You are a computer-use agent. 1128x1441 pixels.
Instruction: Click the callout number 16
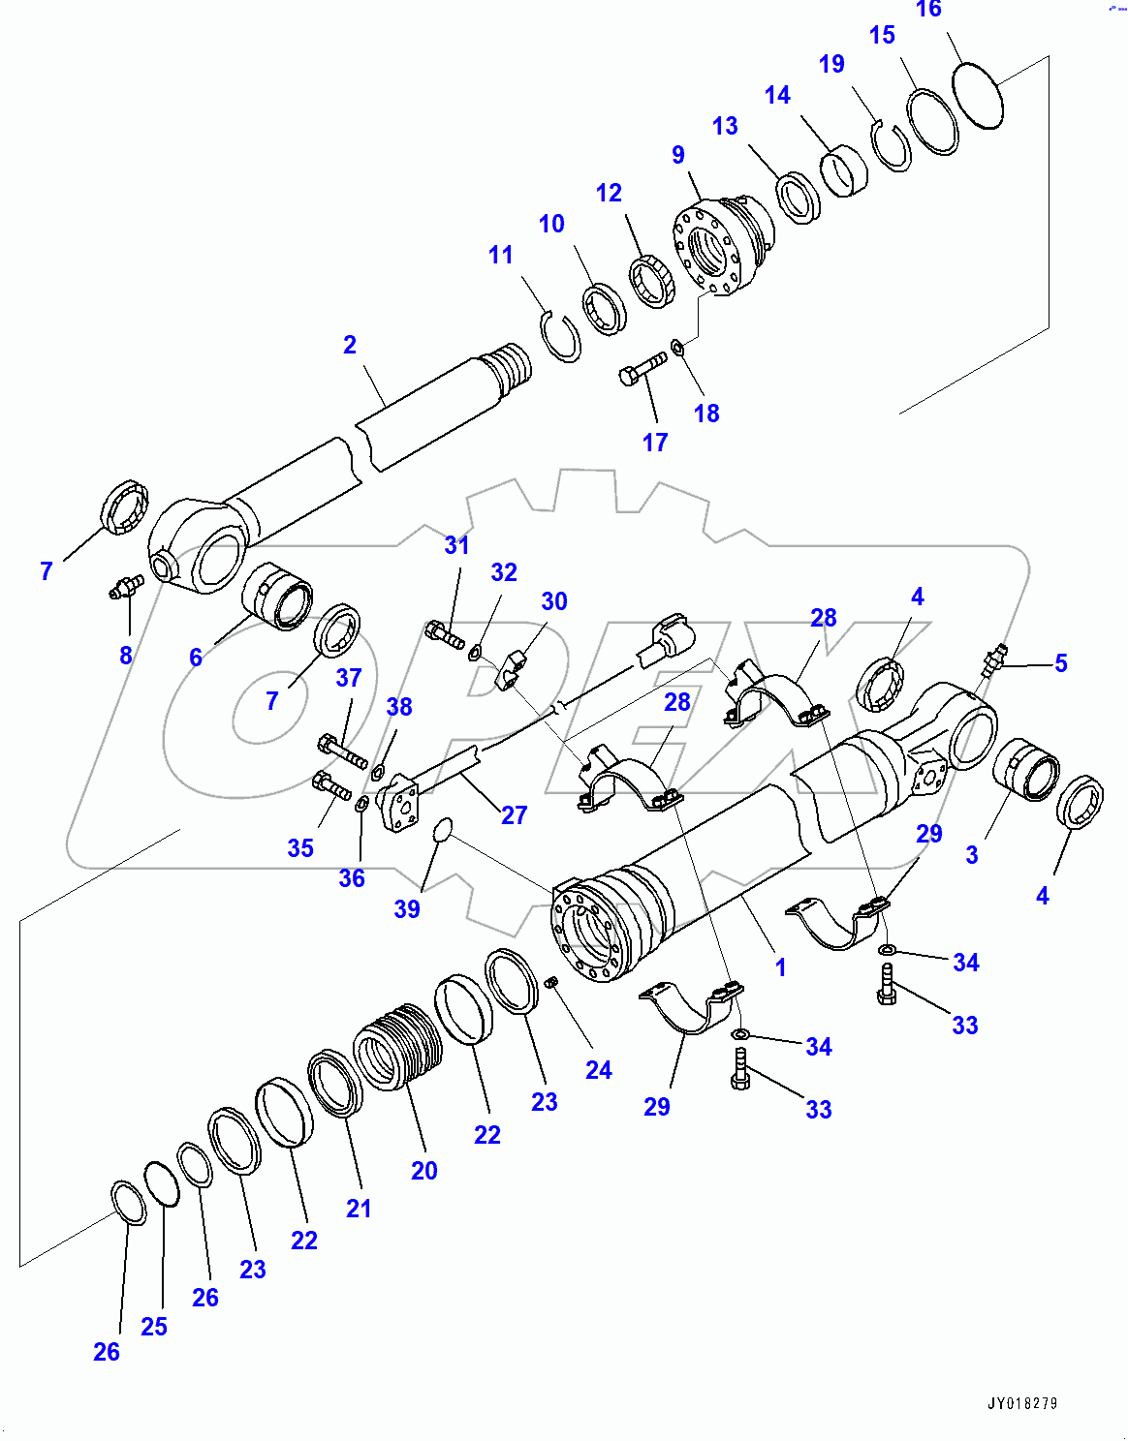[x=927, y=10]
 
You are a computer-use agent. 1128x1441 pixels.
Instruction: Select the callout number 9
[x=677, y=155]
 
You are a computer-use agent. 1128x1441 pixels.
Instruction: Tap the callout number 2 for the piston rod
[x=350, y=345]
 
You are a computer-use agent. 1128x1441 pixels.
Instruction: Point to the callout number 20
[x=423, y=1171]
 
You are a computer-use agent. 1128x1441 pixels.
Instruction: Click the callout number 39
[x=407, y=909]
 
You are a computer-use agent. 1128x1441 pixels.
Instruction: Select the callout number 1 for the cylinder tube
[x=780, y=966]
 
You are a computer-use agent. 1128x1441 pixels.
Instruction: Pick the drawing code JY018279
[x=1022, y=1403]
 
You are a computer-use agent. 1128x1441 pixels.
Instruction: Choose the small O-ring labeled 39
[x=442, y=830]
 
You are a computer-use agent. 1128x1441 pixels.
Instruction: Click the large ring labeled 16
[x=978, y=95]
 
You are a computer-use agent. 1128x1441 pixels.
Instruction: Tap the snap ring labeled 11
[x=561, y=336]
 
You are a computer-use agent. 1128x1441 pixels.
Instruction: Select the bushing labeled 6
[x=278, y=597]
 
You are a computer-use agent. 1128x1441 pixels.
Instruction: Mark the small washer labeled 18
[x=677, y=345]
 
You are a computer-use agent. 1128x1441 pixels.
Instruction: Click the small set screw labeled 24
[x=551, y=983]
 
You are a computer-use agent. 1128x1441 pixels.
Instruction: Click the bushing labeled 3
[x=1027, y=769]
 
